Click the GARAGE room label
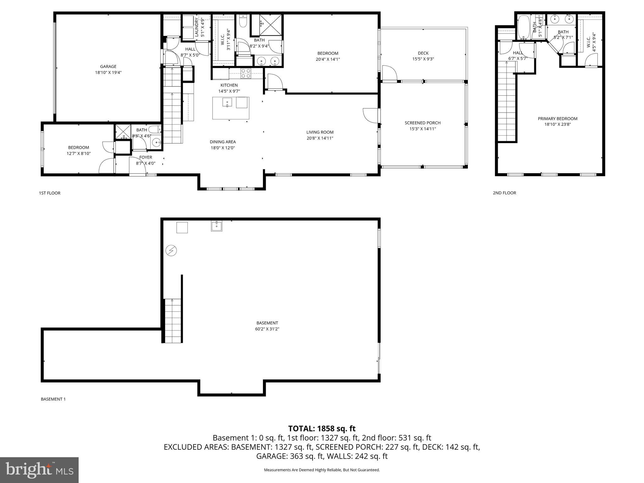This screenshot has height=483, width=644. pos(108,66)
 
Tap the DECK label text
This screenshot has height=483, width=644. pos(423,53)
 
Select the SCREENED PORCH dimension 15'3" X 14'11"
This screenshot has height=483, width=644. pos(423,129)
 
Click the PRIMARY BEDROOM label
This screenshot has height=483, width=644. pos(558,119)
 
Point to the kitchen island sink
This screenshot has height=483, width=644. pos(227,103)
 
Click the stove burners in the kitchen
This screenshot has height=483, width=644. pos(246,73)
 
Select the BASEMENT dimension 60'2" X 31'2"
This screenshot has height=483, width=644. pos(267,329)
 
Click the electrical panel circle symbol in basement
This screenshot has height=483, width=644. pos(171,251)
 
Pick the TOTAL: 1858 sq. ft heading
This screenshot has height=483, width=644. pos(322,428)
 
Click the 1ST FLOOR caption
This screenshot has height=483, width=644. pos(50,193)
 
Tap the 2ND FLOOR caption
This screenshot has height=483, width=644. pos(504,193)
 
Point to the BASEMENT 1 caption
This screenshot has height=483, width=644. pos(53,399)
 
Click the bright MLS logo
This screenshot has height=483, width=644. pos(39,470)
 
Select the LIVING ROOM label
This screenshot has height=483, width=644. pos(320,132)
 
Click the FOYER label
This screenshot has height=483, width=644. pos(146,157)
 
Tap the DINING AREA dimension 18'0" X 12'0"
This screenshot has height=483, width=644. pos(223,148)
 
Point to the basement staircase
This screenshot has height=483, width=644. pos(173,321)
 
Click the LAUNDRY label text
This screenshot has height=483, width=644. pos(197,27)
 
